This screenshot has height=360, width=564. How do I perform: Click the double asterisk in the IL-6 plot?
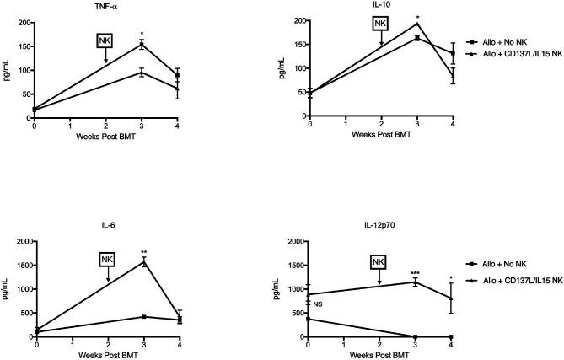pyautogui.click(x=144, y=252)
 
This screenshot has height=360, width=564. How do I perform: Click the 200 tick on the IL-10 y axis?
pyautogui.click(x=298, y=19)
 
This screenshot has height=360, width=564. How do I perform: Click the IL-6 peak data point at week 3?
pyautogui.click(x=144, y=262)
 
